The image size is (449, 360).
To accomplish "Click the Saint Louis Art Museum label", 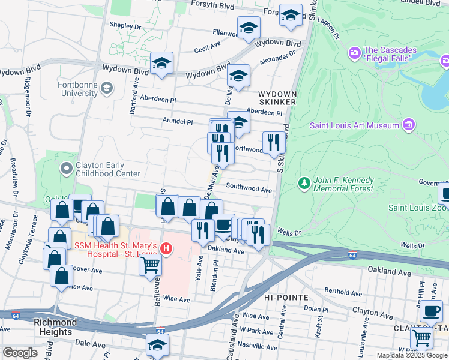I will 354,125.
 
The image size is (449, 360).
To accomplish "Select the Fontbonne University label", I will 78,89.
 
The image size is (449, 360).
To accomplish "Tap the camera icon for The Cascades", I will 355,53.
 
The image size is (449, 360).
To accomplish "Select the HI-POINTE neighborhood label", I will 286,298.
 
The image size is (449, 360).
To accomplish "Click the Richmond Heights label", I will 55,326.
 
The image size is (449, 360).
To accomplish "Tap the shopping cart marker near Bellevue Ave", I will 150,264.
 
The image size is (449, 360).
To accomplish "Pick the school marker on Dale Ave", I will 158,345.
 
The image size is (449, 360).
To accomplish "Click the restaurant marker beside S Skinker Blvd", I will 273,142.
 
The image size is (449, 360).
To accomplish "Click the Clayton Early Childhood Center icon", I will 66,169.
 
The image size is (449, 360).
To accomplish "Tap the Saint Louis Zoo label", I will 417,208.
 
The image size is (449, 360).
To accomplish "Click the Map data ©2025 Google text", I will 412,355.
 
